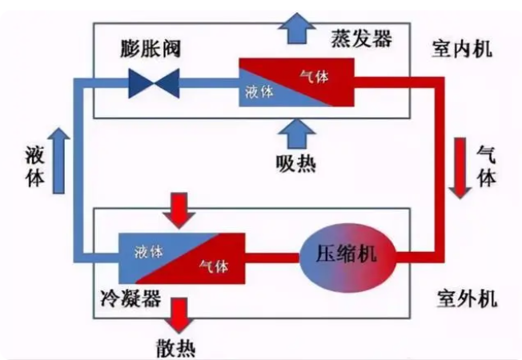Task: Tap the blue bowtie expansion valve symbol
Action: [154, 82]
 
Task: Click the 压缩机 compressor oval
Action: [348, 256]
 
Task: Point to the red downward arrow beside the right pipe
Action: [462, 169]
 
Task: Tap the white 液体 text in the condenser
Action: [148, 251]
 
